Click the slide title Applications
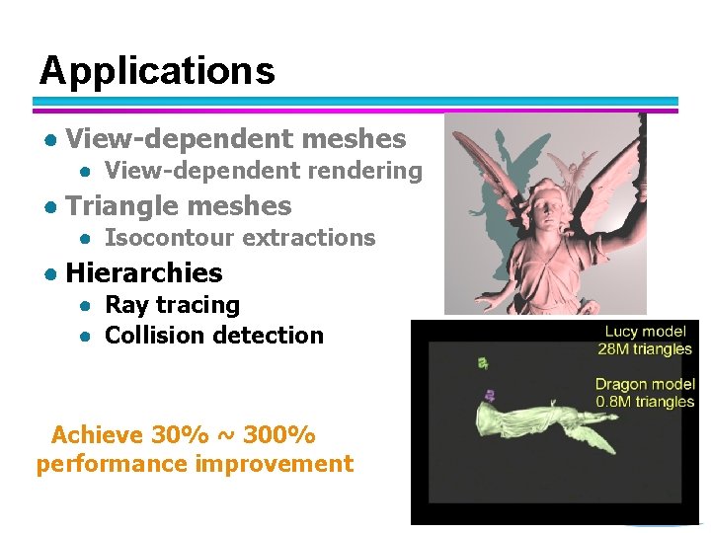pyautogui.click(x=157, y=71)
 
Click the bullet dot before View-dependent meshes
pyautogui.click(x=47, y=140)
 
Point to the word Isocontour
pyautogui.click(x=169, y=238)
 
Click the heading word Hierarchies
pyautogui.click(x=144, y=272)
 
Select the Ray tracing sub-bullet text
pyautogui.click(x=173, y=305)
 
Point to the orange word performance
pyautogui.click(x=102, y=464)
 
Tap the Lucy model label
pyautogui.click(x=648, y=333)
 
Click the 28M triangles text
pyautogui.click(x=646, y=349)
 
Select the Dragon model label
pyautogui.click(x=645, y=385)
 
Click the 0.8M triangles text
pyautogui.click(x=645, y=402)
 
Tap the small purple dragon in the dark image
pyautogui.click(x=488, y=396)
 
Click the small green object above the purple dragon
pyautogui.click(x=483, y=363)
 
